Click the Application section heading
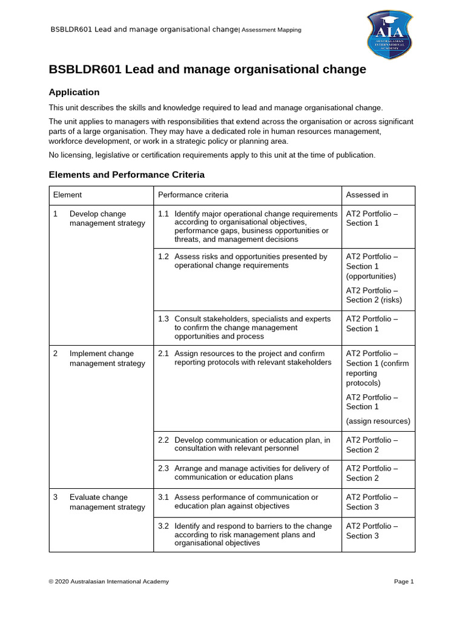(x=74, y=92)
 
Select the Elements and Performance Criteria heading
(x=127, y=175)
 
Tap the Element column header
(x=67, y=195)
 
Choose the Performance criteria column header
(x=193, y=195)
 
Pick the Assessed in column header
(x=367, y=195)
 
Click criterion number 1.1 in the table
(x=163, y=214)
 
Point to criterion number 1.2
(x=163, y=257)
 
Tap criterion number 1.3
(x=163, y=319)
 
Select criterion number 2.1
(x=163, y=354)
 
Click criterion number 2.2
(x=163, y=440)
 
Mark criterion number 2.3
(x=163, y=469)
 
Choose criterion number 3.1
(x=163, y=497)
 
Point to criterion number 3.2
(x=163, y=526)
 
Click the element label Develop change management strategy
(x=107, y=218)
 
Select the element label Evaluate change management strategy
(x=107, y=502)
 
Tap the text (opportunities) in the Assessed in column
(x=371, y=276)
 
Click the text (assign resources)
(x=378, y=421)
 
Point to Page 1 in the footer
(x=404, y=582)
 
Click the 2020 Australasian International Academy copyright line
(x=109, y=582)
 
